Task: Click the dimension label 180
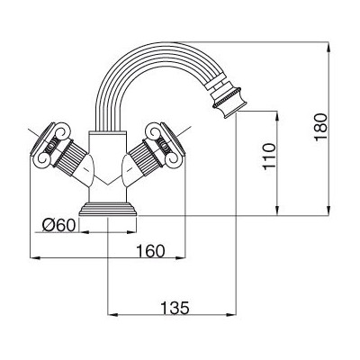pos(320,126)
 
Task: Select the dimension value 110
pos(269,157)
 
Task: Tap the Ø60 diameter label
pos(58,225)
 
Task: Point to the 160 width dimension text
pos(150,251)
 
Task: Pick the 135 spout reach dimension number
pos(175,308)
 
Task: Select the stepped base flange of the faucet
pos(108,209)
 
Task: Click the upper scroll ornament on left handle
pos(63,131)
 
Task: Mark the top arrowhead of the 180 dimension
pos(329,47)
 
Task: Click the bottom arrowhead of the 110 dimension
pos(277,211)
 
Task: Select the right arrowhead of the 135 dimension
pos(231,314)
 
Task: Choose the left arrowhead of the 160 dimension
pos(35,257)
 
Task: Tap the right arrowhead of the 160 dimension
pos(180,257)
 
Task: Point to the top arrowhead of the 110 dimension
pos(277,116)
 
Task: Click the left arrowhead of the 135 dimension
pos(112,314)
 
